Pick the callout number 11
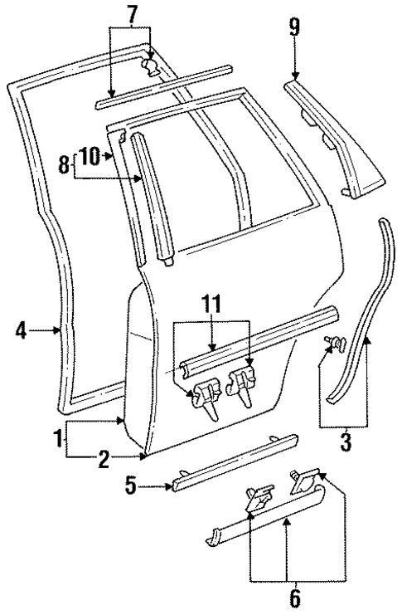[x=213, y=304]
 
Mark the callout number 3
[x=346, y=440]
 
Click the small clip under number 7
[x=150, y=66]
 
